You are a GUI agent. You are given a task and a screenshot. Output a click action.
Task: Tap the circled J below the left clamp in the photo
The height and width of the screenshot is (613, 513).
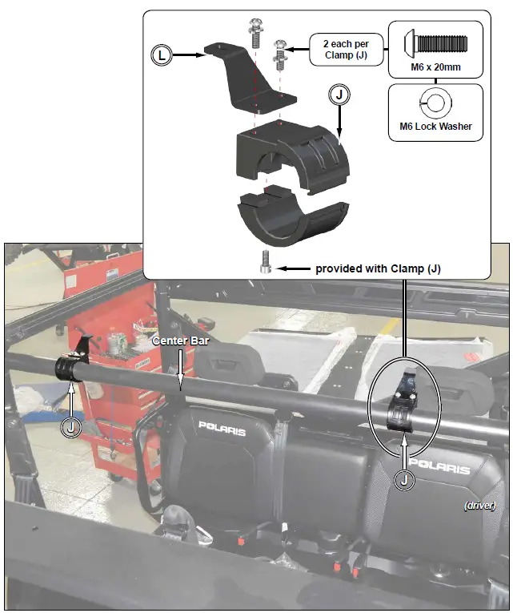point(71,426)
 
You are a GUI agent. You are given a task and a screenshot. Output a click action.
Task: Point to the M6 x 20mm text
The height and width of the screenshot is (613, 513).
point(435,66)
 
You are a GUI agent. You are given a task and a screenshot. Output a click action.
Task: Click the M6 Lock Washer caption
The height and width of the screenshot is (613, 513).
point(435,126)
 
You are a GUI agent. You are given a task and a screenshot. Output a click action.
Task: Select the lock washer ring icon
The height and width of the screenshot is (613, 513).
point(435,103)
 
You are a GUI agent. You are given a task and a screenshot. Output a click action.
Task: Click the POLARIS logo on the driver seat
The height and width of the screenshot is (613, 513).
point(439,466)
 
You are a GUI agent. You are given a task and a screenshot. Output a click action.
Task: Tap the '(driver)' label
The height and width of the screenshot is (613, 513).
point(480,505)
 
